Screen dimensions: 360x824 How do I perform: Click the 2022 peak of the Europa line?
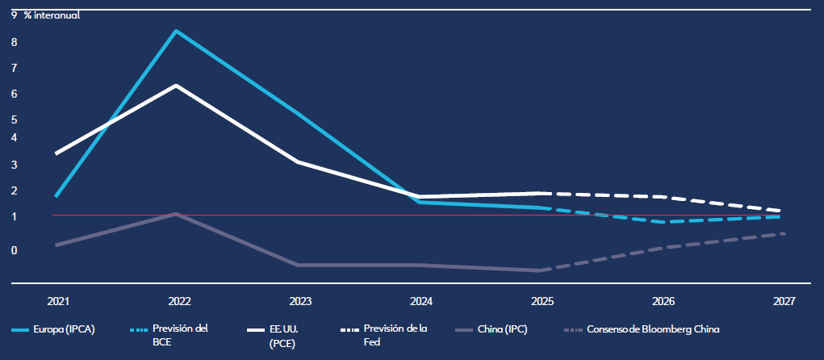tap(177, 31)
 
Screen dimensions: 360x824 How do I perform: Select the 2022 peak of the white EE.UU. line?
tap(177, 86)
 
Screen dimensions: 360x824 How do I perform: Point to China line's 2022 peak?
tap(177, 214)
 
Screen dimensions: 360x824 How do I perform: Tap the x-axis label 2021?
tap(58, 301)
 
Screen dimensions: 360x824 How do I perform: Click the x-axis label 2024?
tap(420, 301)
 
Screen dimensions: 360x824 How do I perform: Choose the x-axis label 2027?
tap(783, 301)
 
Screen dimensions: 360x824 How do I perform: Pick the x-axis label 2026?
tap(663, 301)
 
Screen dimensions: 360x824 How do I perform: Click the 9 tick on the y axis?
tap(14, 15)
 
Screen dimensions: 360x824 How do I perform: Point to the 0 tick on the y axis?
tap(14, 250)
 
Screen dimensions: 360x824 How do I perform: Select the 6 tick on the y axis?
tap(14, 94)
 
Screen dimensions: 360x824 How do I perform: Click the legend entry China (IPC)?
tap(501, 329)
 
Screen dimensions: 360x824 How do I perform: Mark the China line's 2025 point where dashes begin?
tap(539, 270)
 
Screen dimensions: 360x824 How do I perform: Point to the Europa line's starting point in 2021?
tap(56, 196)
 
